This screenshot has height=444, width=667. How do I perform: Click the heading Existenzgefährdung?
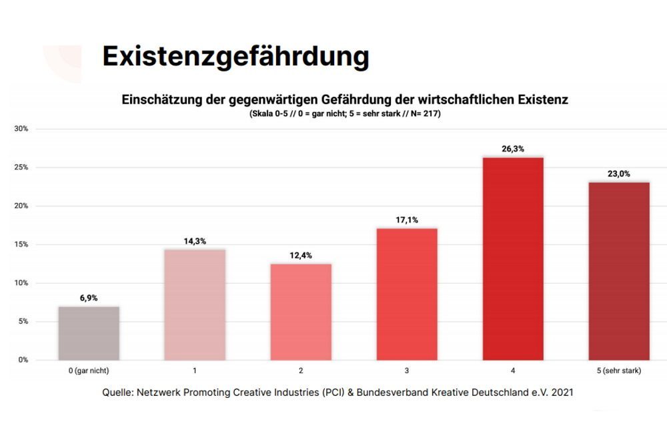(x=235, y=57)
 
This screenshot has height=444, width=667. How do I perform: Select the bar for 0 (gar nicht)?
(x=89, y=333)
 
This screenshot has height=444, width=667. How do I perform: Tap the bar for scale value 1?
(x=195, y=304)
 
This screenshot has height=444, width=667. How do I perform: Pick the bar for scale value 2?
(x=301, y=312)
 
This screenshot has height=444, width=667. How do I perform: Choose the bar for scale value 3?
(x=407, y=294)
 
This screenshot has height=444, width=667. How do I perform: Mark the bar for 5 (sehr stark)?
(x=619, y=271)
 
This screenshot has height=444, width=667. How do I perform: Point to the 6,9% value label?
(x=89, y=298)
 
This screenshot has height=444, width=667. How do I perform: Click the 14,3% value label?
(x=195, y=241)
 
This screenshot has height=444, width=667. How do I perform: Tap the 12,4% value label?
(x=301, y=256)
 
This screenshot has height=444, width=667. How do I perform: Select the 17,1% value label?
(x=407, y=220)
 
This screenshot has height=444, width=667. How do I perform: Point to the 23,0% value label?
(x=619, y=174)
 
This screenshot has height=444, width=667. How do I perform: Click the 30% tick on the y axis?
(x=21, y=128)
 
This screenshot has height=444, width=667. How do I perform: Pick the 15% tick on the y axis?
(x=21, y=244)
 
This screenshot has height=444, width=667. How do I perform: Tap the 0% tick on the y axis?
(x=23, y=360)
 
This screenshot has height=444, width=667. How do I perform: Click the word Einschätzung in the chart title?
(x=157, y=100)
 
